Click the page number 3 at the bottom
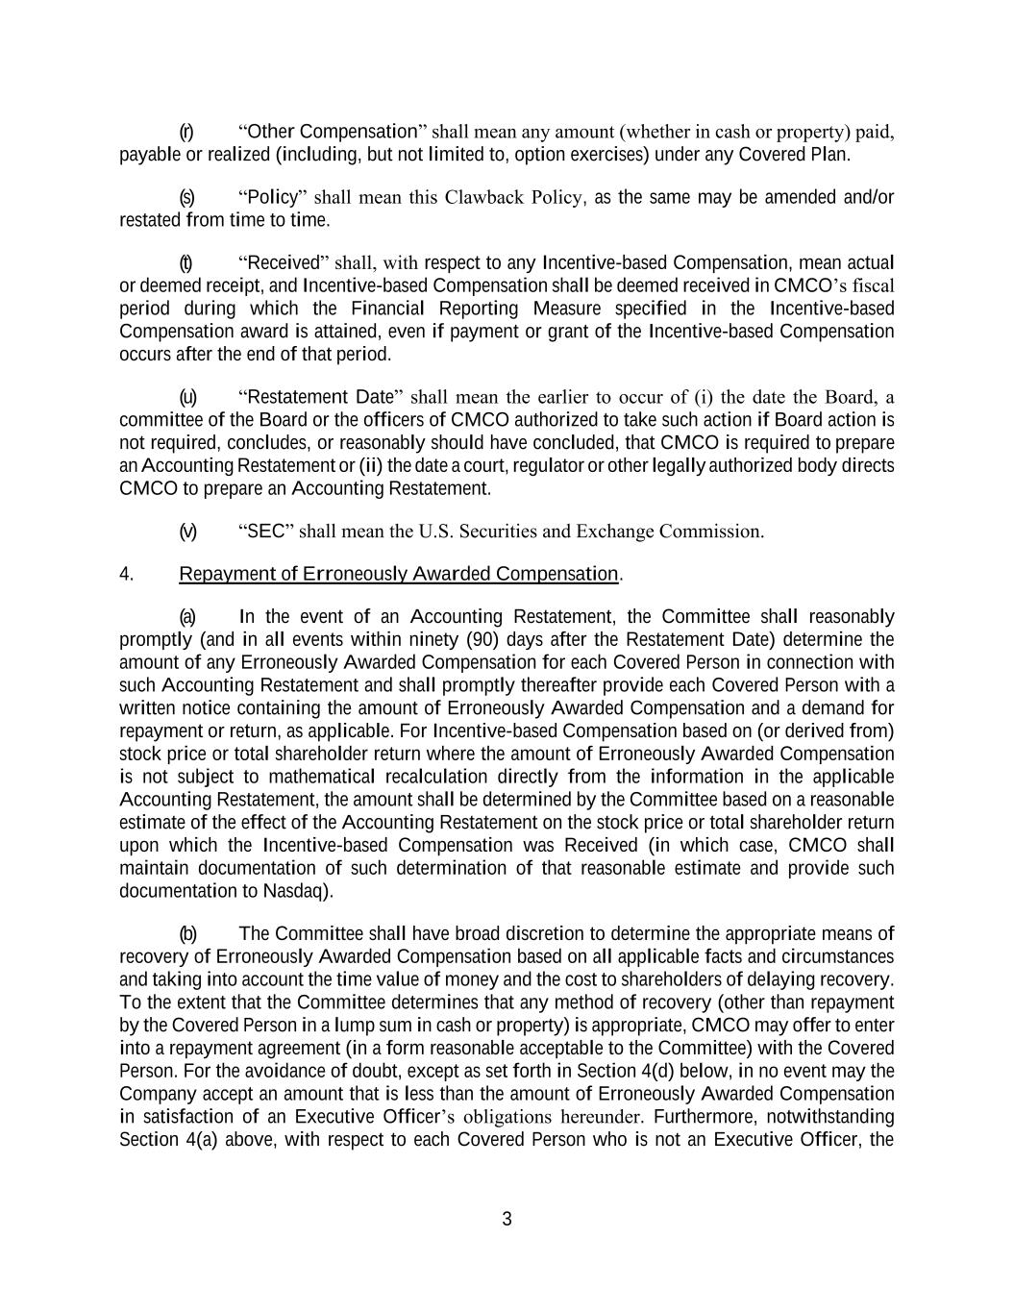507,1220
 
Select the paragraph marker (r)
186,132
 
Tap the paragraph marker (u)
187,397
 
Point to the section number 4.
126,574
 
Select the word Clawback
485,198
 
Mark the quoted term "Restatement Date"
324,397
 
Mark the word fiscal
870,285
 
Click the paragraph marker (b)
187,933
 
